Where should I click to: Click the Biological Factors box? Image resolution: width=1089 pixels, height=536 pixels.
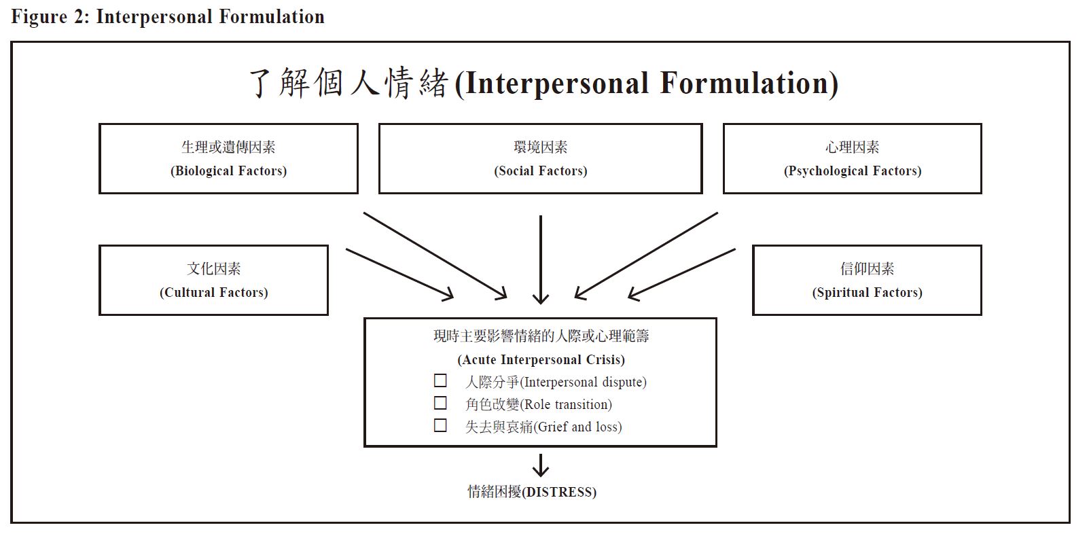(228, 158)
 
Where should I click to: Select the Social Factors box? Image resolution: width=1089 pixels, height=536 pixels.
(541, 158)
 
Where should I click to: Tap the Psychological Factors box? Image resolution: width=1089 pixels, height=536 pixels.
(852, 158)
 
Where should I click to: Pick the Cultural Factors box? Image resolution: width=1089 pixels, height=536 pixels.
(213, 280)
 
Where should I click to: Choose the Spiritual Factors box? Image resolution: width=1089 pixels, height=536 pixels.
(867, 280)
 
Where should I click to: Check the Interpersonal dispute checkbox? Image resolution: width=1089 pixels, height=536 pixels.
(440, 380)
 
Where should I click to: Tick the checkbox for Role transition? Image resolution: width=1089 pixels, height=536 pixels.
(440, 403)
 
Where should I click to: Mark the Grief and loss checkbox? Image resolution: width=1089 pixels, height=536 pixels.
(440, 425)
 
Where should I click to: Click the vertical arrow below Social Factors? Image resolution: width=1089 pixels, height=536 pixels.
(541, 260)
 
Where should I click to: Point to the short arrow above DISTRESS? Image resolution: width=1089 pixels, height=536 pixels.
(541, 465)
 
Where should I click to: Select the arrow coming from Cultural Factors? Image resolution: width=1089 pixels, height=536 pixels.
(399, 274)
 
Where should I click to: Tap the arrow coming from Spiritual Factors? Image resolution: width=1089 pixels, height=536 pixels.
(681, 274)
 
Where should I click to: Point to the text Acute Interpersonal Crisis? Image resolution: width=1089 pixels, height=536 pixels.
(541, 359)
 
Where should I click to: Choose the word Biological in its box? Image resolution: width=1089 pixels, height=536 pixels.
(204, 171)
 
